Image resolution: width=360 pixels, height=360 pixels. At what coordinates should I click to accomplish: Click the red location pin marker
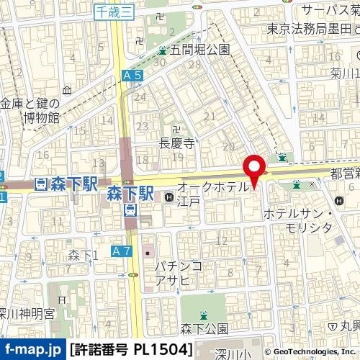coord(253,171)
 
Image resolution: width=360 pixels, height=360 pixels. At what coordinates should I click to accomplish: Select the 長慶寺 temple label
coord(176,143)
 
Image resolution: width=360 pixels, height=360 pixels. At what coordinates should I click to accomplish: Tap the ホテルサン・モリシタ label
coord(297,220)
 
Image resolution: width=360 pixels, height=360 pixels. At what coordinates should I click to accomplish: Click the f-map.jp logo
coord(32,350)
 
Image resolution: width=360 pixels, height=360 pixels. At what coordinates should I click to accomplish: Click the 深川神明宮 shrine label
coord(27,313)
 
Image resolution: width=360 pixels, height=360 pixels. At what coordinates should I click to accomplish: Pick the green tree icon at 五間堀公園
coord(163,50)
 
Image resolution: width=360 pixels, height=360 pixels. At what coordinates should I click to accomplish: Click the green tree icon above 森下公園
coord(204,314)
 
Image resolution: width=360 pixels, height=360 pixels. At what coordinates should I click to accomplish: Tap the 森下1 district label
coord(82,256)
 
